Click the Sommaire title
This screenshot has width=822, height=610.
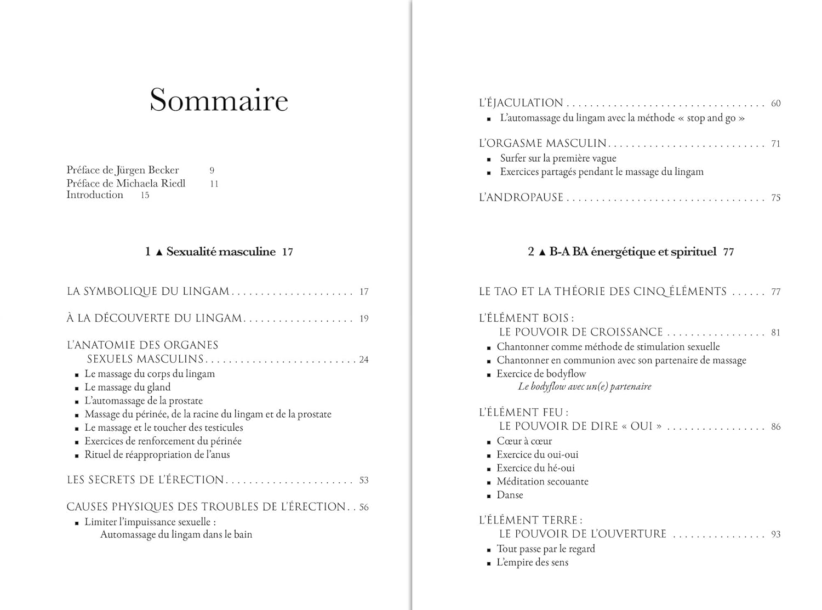point(219,100)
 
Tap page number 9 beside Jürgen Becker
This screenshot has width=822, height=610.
point(212,170)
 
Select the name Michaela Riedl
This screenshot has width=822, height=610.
point(151,183)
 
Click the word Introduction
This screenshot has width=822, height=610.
point(95,195)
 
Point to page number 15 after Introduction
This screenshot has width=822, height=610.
point(145,195)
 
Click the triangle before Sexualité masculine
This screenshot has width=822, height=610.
point(159,252)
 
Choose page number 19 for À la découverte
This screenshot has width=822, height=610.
point(364,318)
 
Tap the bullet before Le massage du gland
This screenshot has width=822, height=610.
point(77,389)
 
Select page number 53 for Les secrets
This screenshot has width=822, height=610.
point(364,480)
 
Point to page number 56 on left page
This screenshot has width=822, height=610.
point(364,508)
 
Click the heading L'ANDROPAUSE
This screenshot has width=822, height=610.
point(521,197)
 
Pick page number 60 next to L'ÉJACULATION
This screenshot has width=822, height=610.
point(775,104)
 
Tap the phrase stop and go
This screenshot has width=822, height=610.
point(711,118)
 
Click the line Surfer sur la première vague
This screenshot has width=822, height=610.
point(558,158)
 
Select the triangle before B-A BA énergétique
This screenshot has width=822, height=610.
point(542,252)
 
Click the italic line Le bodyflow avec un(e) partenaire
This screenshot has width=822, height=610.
point(585,386)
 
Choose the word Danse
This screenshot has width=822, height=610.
point(510,495)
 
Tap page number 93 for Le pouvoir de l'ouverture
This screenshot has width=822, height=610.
point(775,534)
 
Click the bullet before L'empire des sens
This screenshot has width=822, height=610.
point(489,563)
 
